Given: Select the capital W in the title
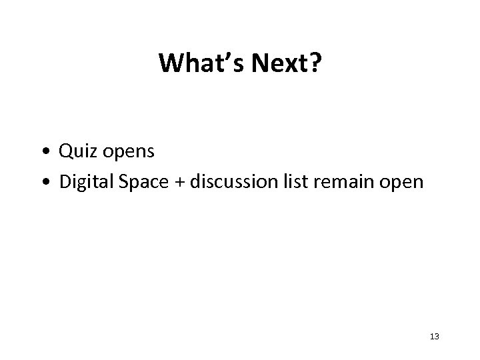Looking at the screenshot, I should point(171,64).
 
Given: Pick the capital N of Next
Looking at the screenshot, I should point(257,64).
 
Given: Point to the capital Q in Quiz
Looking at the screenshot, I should point(65,152).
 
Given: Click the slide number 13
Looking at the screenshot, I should point(434,337).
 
